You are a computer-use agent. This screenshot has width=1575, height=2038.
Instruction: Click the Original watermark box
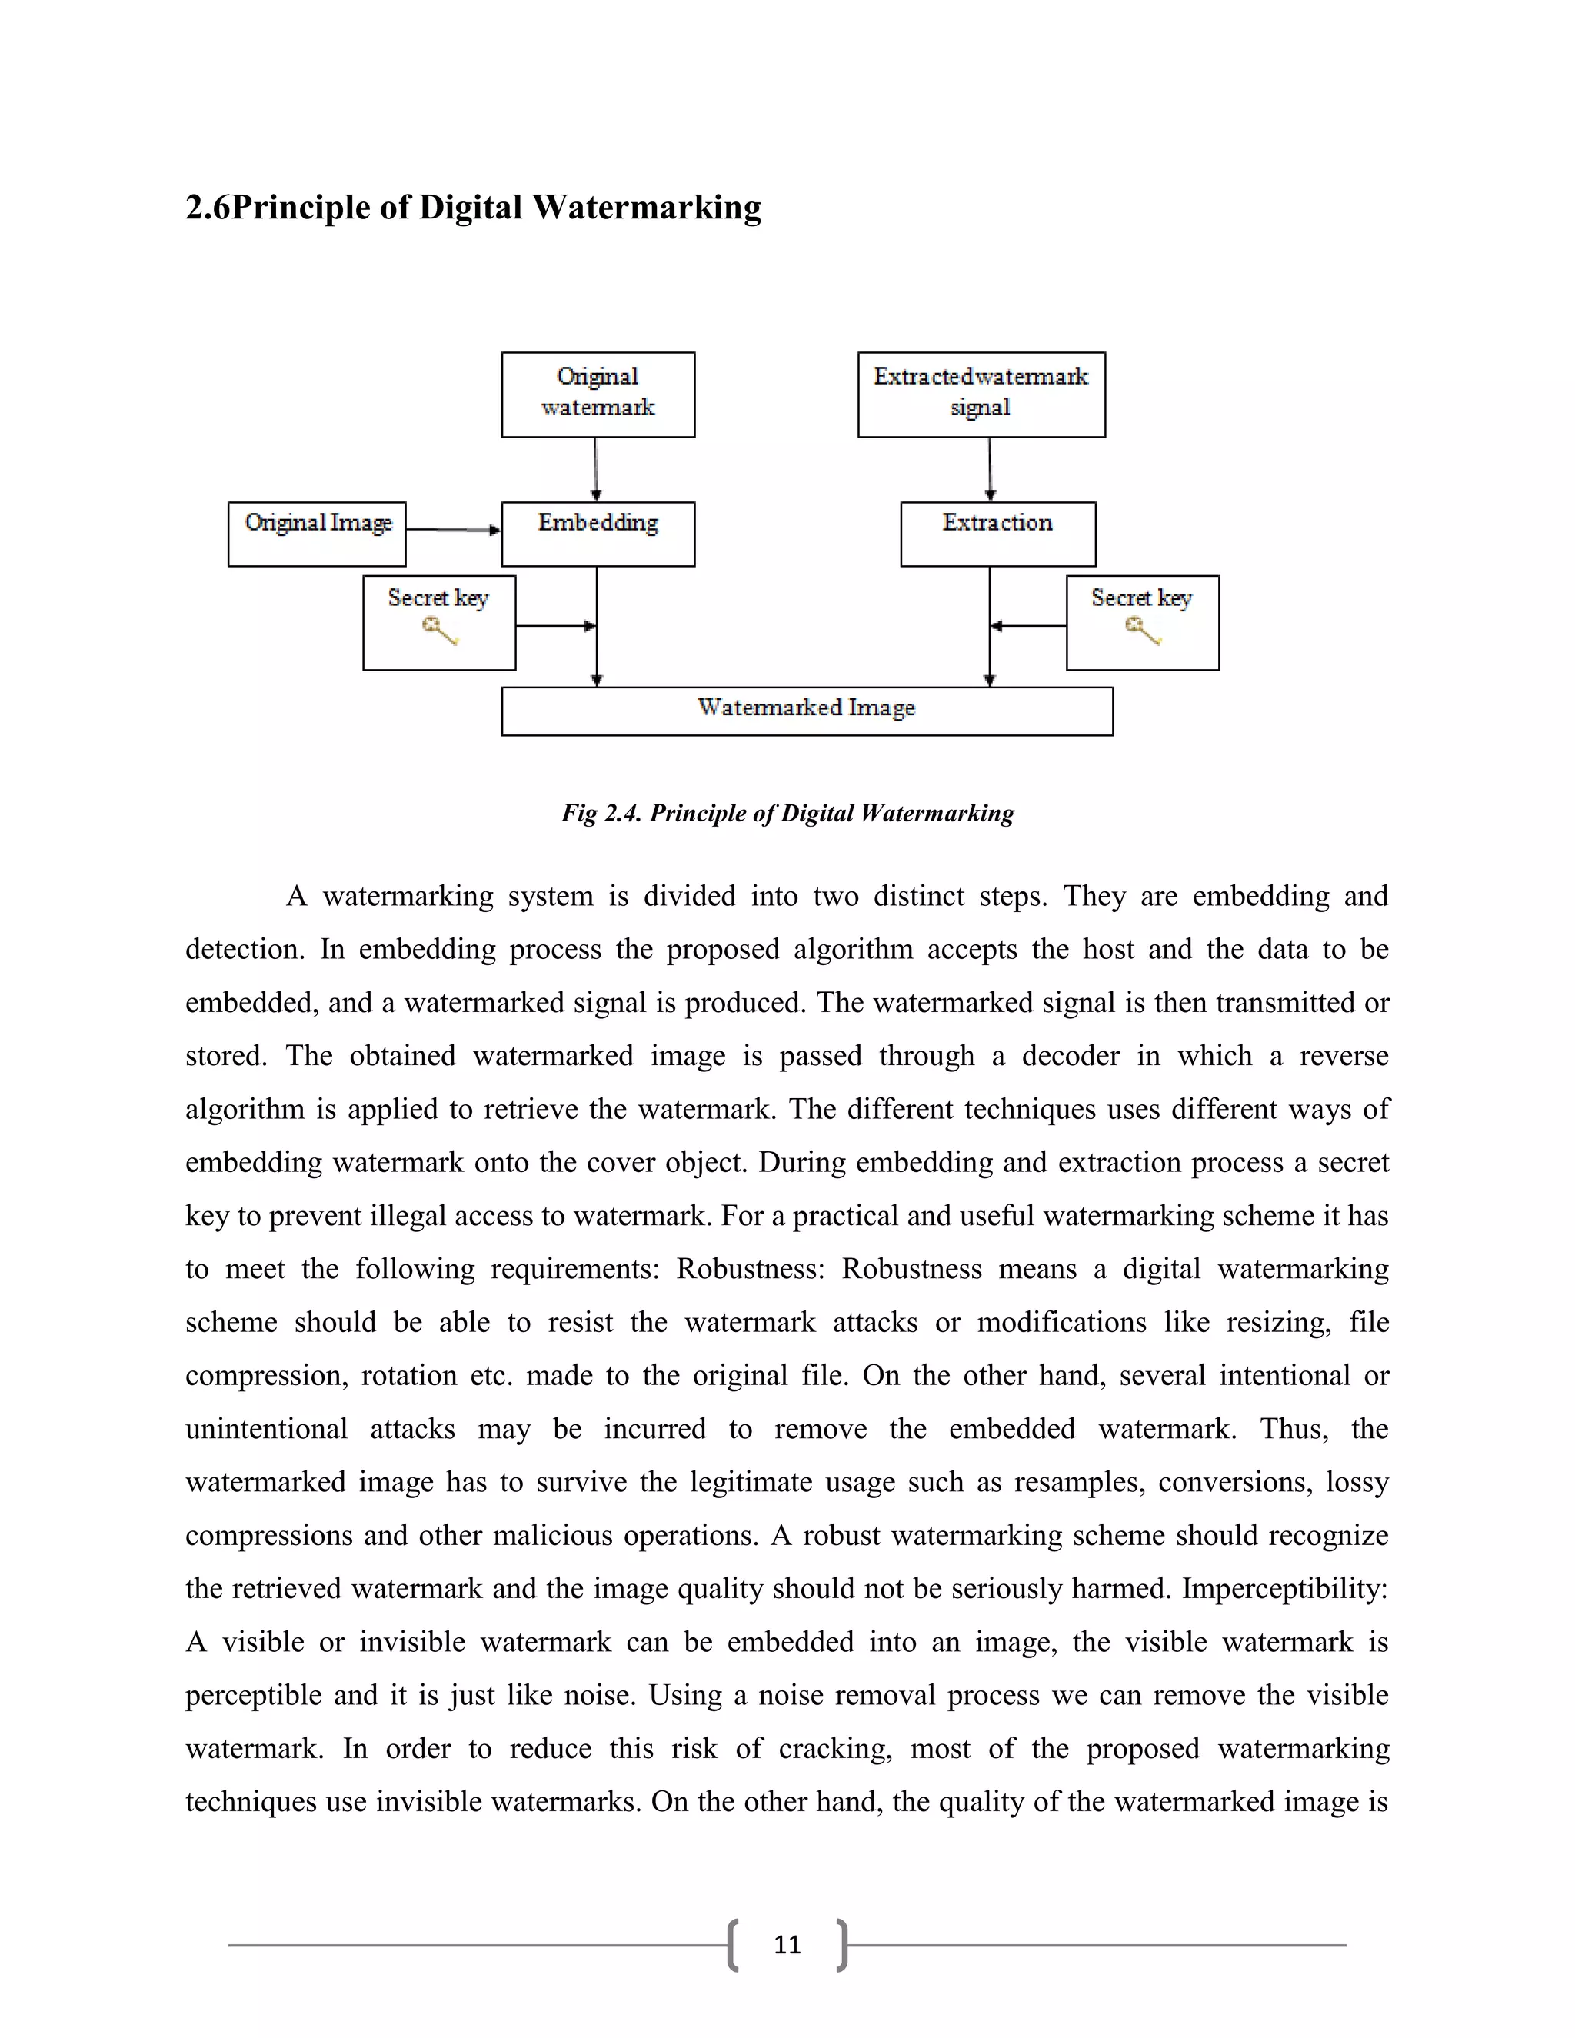pos(598,394)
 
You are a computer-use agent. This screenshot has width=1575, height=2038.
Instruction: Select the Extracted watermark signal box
pos(981,394)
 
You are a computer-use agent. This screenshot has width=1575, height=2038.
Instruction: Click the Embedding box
pos(598,534)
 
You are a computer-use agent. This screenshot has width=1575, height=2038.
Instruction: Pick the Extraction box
pos(997,534)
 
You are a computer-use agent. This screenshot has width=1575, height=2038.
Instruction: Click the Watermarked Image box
pos(806,711)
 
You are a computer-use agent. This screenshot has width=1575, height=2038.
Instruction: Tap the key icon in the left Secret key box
pos(439,631)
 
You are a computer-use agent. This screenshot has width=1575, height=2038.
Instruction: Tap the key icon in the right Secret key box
pos(1143,631)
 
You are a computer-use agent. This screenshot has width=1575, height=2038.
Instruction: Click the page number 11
pos(787,1945)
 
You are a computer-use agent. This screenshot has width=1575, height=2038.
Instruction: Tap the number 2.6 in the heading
pos(207,207)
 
